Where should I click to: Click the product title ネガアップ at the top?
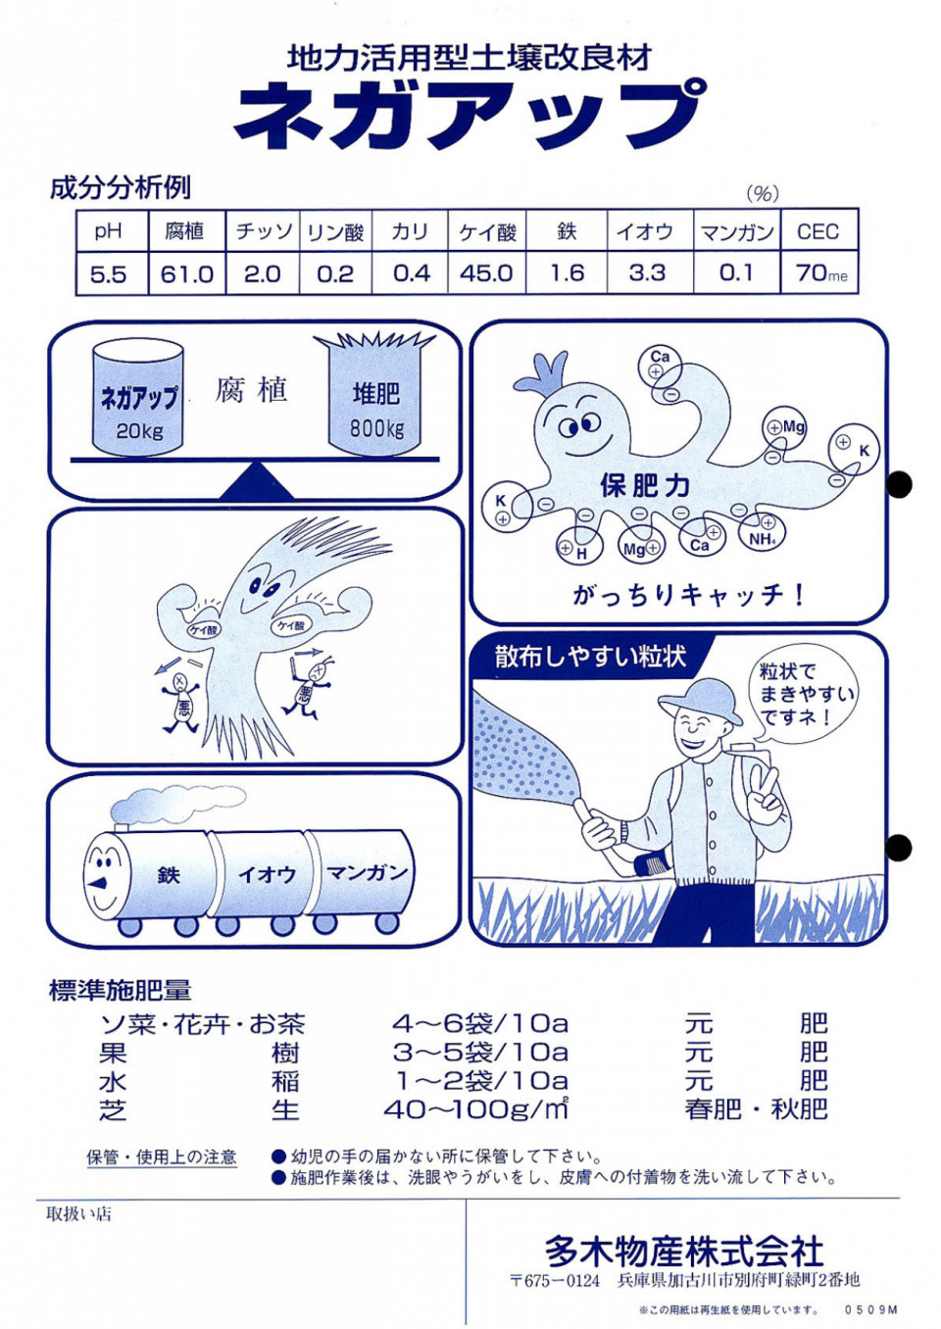466,115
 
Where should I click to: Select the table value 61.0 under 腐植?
186,274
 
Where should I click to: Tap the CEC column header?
818,230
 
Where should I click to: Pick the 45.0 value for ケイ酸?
486,273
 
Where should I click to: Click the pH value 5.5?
109,274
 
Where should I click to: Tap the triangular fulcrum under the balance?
257,480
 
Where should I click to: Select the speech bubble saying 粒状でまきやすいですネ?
806,695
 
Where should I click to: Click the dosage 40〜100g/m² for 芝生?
476,1108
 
